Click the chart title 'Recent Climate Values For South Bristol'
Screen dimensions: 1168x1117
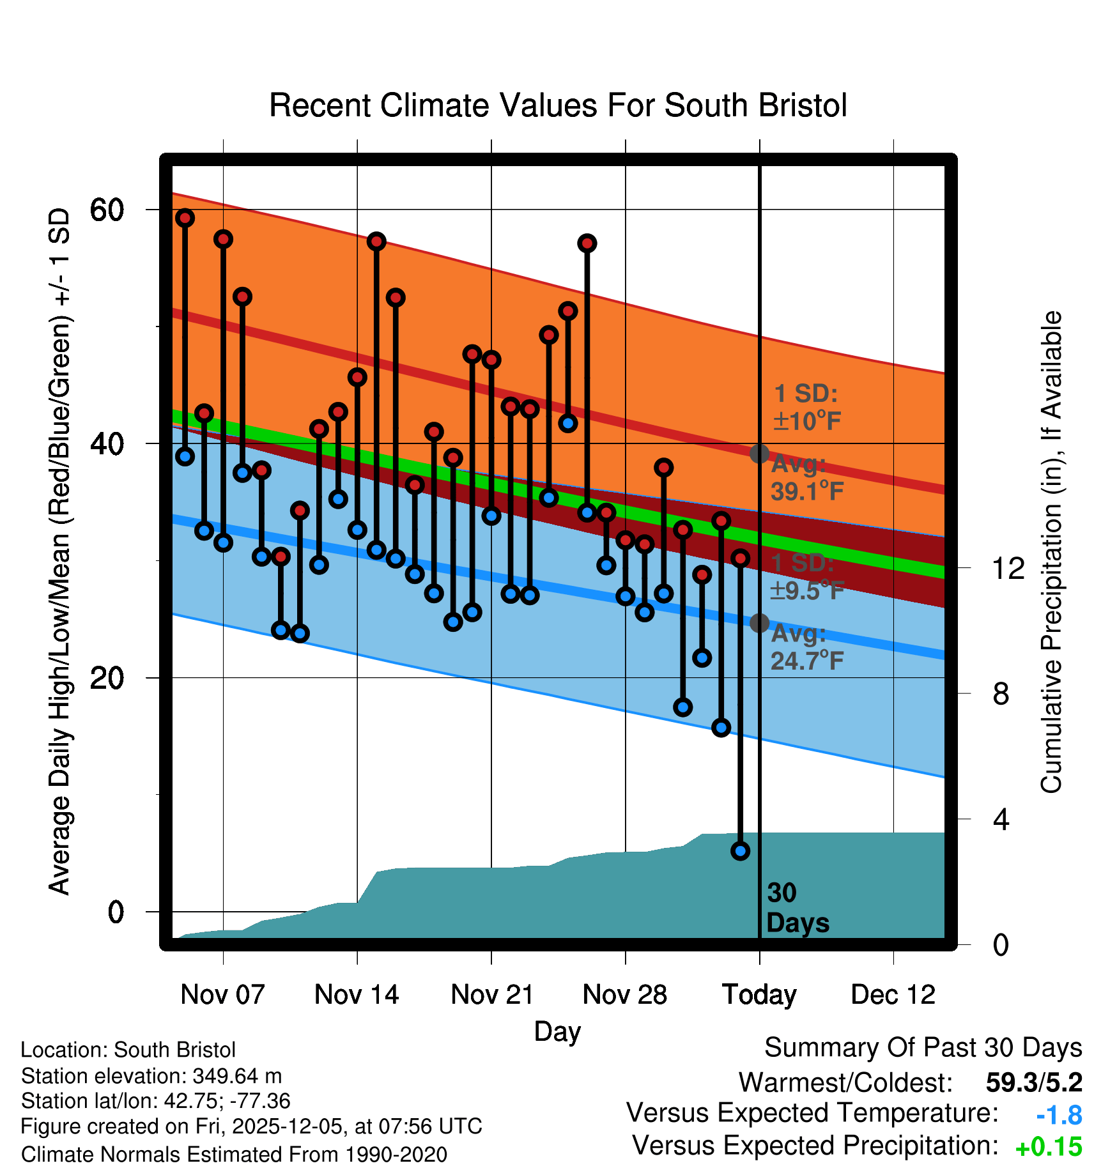(x=558, y=105)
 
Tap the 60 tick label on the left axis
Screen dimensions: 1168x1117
(x=107, y=210)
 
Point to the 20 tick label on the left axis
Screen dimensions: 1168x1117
(x=107, y=678)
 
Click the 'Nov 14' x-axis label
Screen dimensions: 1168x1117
(x=357, y=995)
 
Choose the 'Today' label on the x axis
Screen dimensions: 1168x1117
(x=759, y=995)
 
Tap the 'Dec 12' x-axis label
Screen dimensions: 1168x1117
(x=893, y=995)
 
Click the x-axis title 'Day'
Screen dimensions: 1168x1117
(x=557, y=1031)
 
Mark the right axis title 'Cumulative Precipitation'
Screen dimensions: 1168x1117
(x=1051, y=552)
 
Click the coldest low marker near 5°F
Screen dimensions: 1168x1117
(x=740, y=850)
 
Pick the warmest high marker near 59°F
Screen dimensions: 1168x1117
(x=185, y=218)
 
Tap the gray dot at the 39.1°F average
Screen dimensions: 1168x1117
(x=759, y=454)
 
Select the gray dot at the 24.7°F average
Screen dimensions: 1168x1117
(x=759, y=623)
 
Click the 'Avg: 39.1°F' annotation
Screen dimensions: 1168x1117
(x=806, y=478)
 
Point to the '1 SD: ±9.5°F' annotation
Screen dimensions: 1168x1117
(x=806, y=576)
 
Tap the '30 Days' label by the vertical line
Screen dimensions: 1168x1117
(x=797, y=908)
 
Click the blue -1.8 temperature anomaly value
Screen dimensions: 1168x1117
(x=1059, y=1115)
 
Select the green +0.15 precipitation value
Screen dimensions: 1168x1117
(x=1049, y=1147)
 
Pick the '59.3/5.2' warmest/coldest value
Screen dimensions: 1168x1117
(x=1034, y=1082)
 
